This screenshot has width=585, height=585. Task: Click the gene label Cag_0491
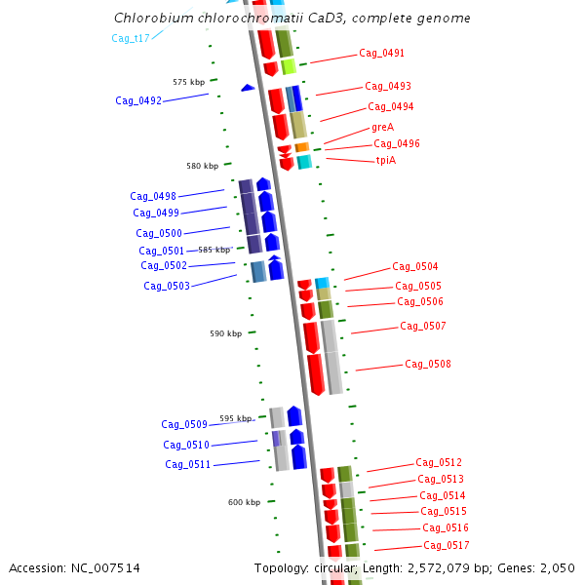381,53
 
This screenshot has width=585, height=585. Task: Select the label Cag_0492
138,100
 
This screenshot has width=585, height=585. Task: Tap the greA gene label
382,127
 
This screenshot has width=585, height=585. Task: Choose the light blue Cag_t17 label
131,38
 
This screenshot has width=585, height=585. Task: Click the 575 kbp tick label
188,82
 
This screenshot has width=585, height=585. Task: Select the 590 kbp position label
225,333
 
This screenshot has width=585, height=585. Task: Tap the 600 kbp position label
244,502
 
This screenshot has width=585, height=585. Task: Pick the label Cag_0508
428,364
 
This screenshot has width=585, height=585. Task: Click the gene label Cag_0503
167,286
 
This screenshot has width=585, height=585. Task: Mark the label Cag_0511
188,464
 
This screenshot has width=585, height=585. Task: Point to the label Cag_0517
447,545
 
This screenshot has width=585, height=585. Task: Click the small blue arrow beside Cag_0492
248,88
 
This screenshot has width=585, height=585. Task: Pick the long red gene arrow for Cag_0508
316,374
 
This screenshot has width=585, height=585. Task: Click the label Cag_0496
397,143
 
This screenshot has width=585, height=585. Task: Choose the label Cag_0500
159,233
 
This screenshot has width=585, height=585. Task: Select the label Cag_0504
415,266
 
